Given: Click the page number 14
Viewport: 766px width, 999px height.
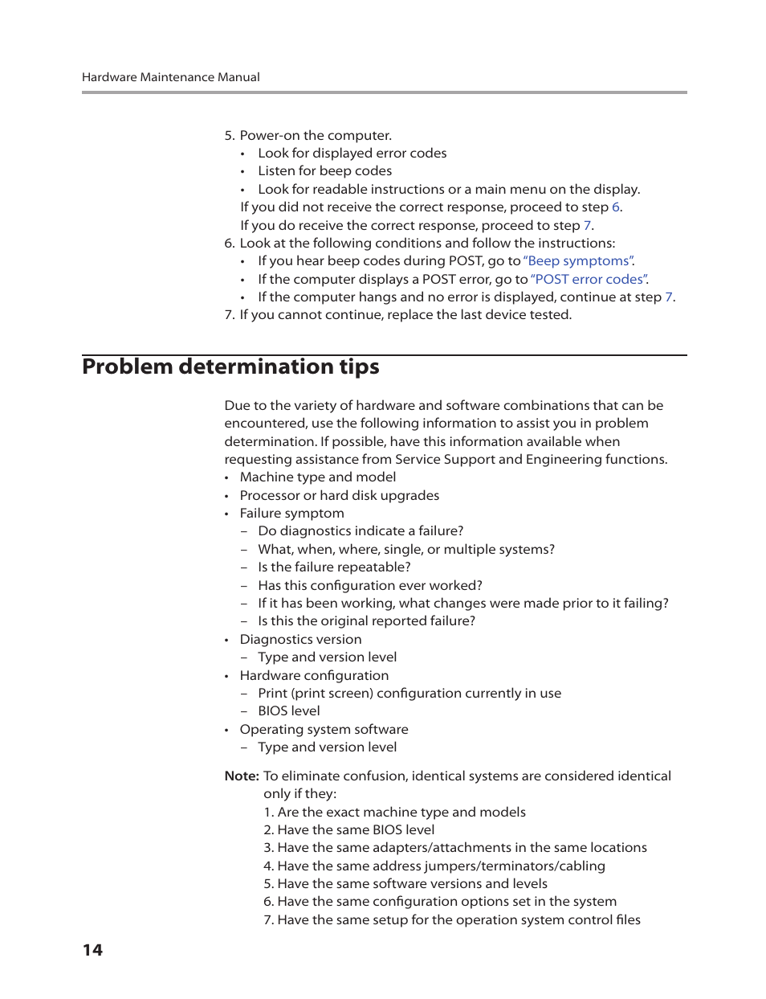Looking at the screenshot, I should (92, 950).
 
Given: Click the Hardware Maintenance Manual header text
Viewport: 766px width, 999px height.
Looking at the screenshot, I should (170, 77).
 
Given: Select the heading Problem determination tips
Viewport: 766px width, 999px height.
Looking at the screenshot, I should (230, 367).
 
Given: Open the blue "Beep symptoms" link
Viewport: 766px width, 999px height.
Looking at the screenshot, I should (578, 261).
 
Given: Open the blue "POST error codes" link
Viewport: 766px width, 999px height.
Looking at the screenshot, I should (589, 279).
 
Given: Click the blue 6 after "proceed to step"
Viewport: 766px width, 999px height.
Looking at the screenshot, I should (616, 207).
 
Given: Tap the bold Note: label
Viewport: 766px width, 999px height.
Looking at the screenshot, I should (242, 776).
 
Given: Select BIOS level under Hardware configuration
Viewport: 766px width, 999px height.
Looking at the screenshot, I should (288, 711).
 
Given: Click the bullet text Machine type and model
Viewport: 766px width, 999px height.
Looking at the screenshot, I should (317, 477).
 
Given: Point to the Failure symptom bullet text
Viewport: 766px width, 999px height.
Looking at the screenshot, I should (291, 514).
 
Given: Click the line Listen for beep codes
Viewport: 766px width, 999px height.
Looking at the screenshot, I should (324, 171).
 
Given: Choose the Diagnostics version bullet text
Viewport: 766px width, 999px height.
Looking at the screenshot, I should (300, 640).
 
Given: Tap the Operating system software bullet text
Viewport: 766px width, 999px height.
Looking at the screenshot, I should (324, 730).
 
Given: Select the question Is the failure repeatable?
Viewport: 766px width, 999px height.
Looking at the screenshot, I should (334, 567).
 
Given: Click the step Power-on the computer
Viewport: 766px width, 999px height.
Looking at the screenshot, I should (315, 136).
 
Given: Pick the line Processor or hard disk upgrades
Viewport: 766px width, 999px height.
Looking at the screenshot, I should (339, 496).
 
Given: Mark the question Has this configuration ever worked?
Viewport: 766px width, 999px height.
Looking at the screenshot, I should (369, 586).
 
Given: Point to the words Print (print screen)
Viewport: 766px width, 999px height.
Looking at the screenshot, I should (316, 694).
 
